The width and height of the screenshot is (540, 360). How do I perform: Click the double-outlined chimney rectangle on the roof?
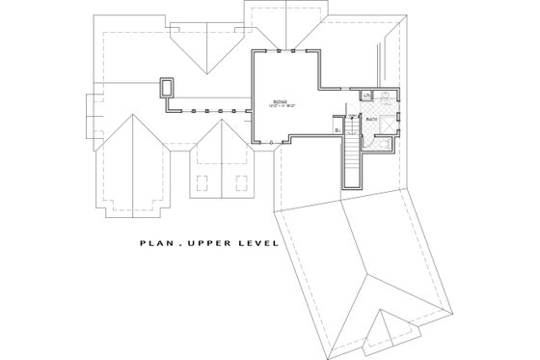click(x=169, y=88)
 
